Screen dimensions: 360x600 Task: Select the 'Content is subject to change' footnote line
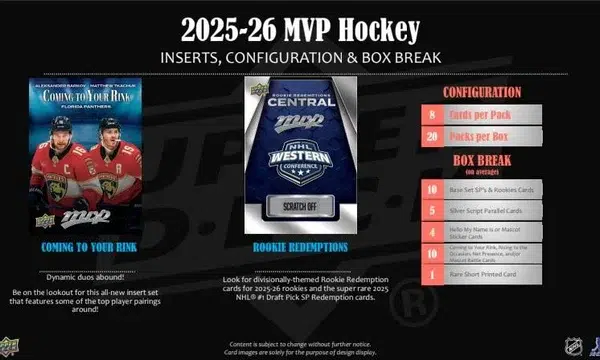pyautogui.click(x=299, y=342)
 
